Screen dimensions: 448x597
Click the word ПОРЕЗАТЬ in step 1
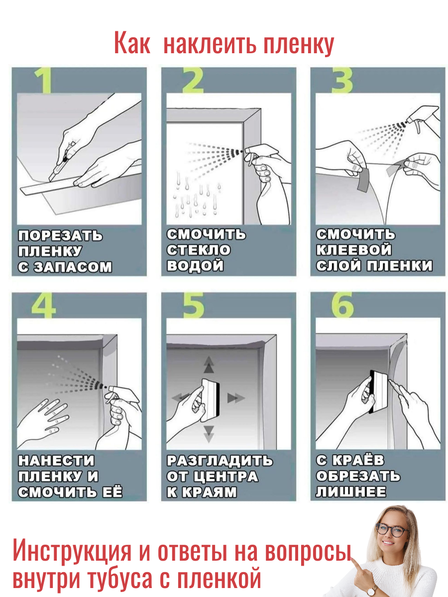pos(60,235)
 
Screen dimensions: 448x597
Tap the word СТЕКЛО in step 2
pos(199,250)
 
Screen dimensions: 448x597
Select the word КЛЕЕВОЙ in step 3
pos(353,250)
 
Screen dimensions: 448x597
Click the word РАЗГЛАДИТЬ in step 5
pos(220,461)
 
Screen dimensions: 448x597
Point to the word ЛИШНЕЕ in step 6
pos(351,492)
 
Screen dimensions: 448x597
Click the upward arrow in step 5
pos(209,365)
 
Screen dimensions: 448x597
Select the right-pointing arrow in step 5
pos(236,398)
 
